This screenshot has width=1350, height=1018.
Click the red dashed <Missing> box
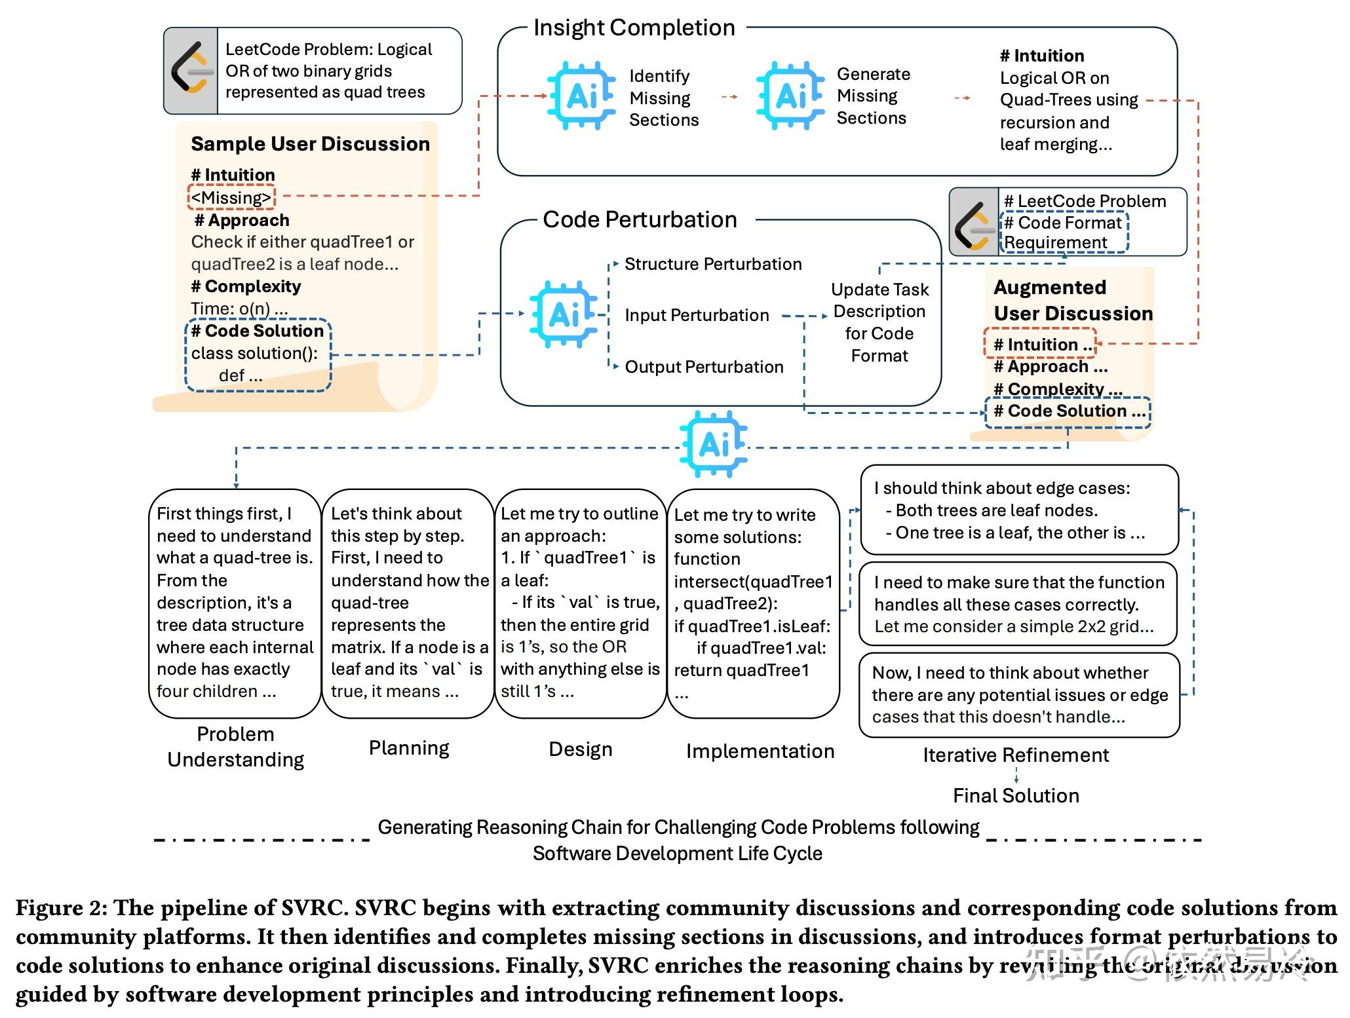coord(231,197)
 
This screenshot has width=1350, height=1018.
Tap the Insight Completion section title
coord(634,28)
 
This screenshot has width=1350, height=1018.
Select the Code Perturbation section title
coord(640,219)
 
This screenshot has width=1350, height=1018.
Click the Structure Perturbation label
coord(712,264)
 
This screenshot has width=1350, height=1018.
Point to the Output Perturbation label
coord(704,367)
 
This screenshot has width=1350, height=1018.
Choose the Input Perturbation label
coord(696,315)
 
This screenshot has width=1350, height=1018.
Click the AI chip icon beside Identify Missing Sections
coord(581,96)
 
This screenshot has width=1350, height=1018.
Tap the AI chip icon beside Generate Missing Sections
coord(790,96)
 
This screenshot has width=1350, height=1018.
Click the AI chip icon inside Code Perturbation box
coord(563,314)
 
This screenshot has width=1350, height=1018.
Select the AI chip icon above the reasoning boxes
coord(713,444)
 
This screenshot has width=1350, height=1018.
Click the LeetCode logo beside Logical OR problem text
coord(190,71)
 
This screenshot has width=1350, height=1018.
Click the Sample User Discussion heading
coord(310,144)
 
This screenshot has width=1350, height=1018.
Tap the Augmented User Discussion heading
coord(1072,300)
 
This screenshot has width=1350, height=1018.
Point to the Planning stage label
coord(409,748)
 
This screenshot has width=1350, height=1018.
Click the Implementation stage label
coord(760,751)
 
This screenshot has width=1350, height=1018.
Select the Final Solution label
coord(1015,796)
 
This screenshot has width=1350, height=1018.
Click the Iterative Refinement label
coord(1015,755)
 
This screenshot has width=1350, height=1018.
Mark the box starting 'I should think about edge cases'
coord(1018,510)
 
